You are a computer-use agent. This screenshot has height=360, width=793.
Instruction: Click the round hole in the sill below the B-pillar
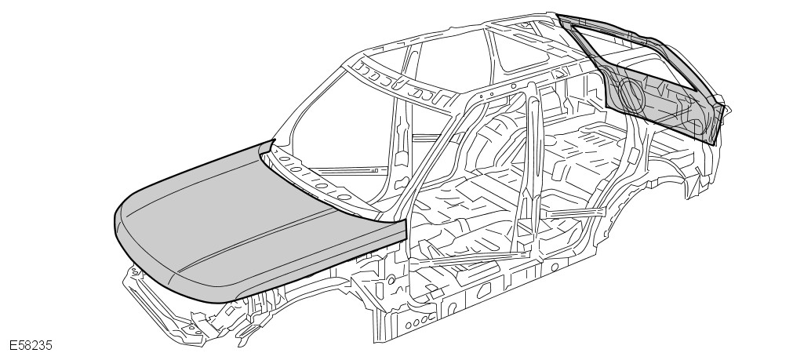tap(555, 267)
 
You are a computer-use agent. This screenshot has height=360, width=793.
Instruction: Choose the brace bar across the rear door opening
tap(577, 213)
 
